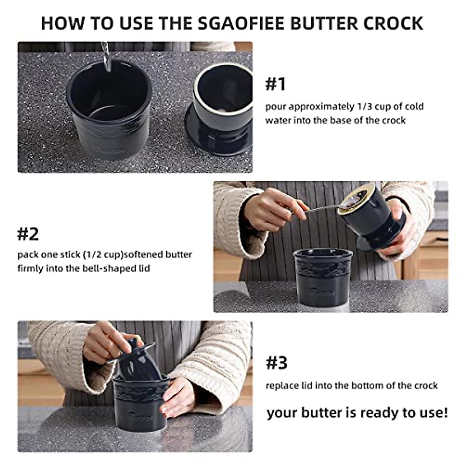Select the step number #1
coord(275,84)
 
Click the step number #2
coord(28,234)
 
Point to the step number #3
coord(276,363)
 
